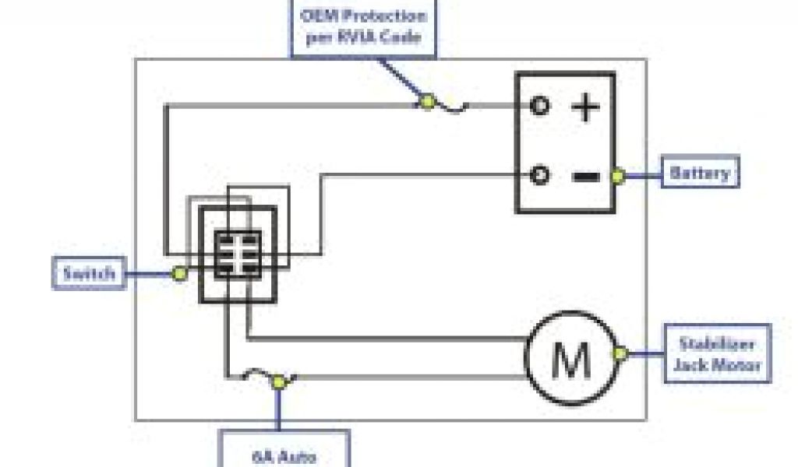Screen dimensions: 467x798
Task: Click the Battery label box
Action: point(700,173)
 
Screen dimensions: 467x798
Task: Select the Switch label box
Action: point(89,273)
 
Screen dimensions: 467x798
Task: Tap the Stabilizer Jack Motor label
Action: point(717,353)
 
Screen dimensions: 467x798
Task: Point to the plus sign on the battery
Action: point(586,107)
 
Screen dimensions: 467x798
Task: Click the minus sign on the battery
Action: point(586,176)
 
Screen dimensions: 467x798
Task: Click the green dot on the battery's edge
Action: point(617,176)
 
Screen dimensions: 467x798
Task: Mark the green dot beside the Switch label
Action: point(179,273)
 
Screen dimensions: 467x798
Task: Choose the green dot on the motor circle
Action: point(620,354)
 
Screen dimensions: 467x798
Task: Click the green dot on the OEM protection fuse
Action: point(426,102)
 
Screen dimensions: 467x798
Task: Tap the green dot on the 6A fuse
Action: point(277,381)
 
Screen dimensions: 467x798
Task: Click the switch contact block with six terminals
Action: point(238,254)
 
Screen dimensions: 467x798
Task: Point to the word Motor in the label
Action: point(737,364)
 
